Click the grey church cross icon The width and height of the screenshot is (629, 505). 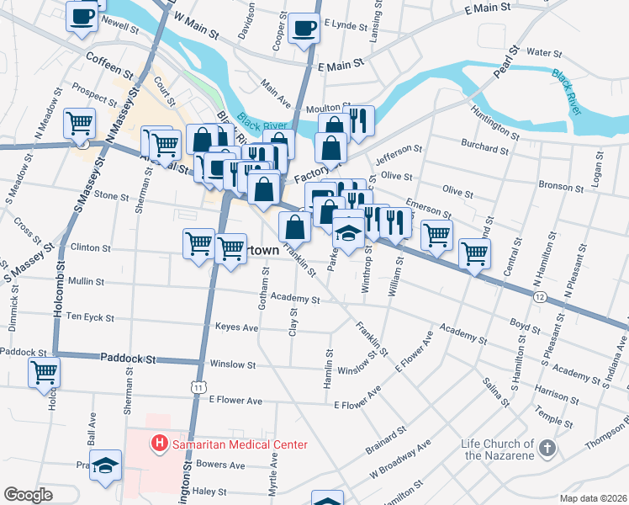(x=548, y=447)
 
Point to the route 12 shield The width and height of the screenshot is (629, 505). (x=539, y=296)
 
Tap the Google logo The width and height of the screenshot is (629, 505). (x=29, y=494)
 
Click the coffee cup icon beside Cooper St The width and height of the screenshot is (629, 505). (x=303, y=28)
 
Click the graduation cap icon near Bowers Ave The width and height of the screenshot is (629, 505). (x=106, y=465)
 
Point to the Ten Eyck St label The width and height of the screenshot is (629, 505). (x=89, y=318)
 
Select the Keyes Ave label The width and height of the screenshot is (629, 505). (x=236, y=327)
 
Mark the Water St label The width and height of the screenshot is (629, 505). (x=544, y=53)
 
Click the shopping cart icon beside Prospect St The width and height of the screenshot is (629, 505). (x=79, y=123)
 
